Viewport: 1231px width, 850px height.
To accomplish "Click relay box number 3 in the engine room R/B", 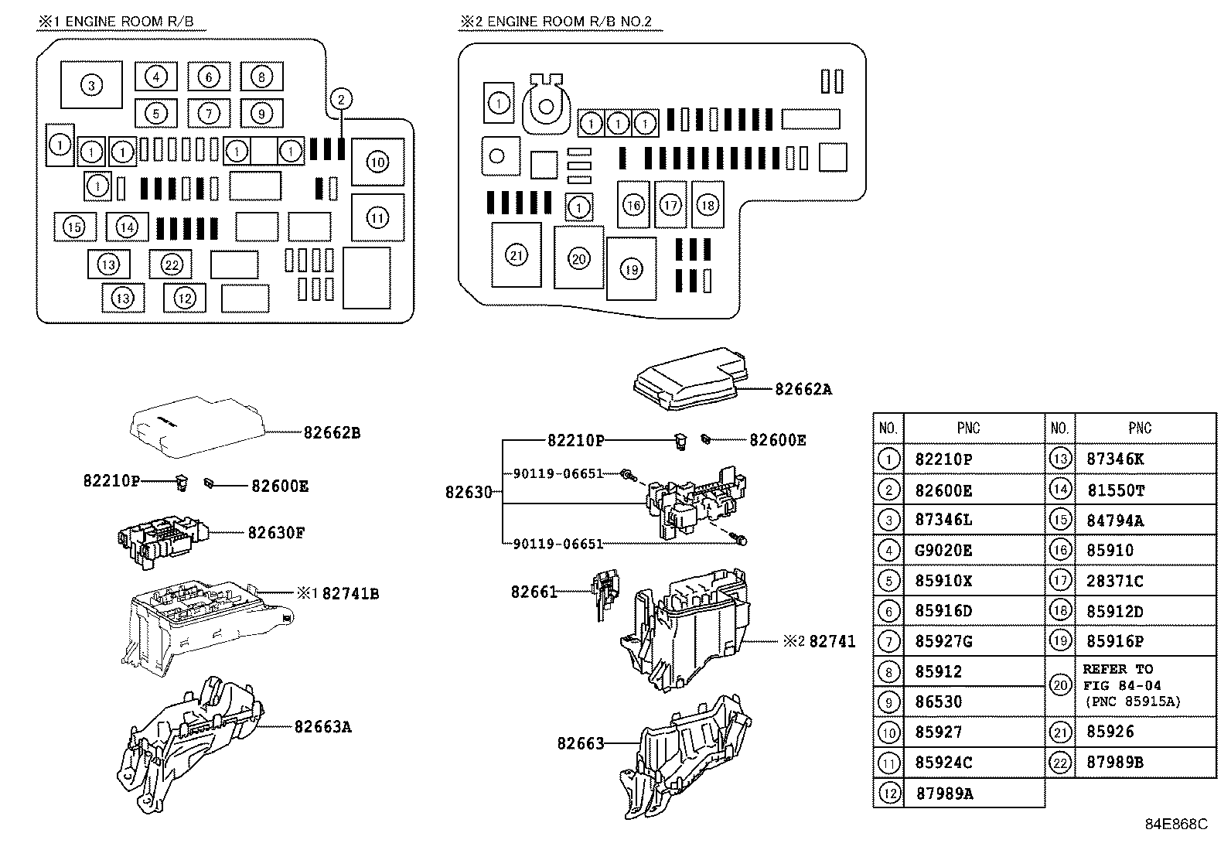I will [x=91, y=84].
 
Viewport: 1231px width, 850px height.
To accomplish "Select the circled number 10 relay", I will [x=377, y=162].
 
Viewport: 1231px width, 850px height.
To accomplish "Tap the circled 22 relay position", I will [x=172, y=265].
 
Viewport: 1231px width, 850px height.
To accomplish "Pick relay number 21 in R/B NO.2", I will [x=516, y=254].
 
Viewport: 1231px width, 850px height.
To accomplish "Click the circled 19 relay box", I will [x=632, y=269].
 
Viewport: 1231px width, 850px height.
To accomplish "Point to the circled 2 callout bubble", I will [x=341, y=99].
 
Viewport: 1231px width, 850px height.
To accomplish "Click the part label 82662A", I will [x=803, y=390].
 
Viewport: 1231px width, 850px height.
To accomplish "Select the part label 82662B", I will [x=332, y=433].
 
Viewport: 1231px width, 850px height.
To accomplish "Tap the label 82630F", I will [x=276, y=533].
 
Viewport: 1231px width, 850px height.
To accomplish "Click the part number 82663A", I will [x=322, y=727].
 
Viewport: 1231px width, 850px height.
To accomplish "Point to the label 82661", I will [x=534, y=592].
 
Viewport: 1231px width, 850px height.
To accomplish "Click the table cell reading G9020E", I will [x=943, y=551].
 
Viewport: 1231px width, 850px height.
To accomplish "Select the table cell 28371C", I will [x=1114, y=581].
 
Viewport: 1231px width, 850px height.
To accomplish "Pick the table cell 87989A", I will [x=943, y=794].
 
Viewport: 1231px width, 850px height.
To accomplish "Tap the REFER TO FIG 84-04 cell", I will [x=1132, y=686].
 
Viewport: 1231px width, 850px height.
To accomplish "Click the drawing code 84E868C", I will [x=1175, y=824].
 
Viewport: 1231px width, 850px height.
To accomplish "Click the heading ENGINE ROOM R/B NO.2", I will [x=561, y=22].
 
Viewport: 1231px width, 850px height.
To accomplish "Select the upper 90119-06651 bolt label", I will [x=558, y=473].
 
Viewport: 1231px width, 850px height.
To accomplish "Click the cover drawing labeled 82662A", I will [x=688, y=379].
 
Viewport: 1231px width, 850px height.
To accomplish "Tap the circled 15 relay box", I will [x=74, y=227].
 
